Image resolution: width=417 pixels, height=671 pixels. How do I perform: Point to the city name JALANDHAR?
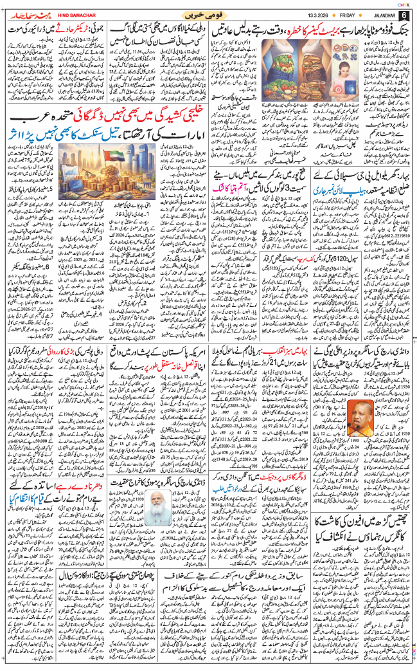click(381, 14)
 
